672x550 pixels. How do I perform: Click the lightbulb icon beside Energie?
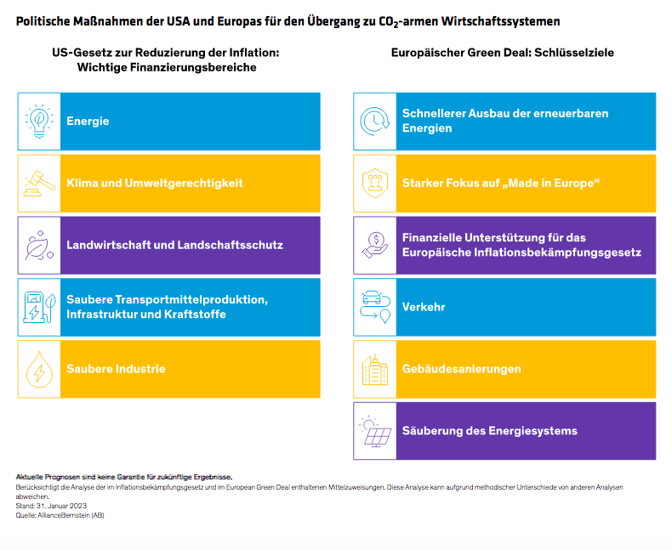[38, 121]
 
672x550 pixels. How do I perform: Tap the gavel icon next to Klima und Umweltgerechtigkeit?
[38, 183]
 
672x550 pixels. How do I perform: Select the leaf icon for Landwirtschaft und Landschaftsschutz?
[38, 245]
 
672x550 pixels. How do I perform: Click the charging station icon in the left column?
[38, 307]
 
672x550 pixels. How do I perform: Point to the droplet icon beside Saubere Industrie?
[38, 369]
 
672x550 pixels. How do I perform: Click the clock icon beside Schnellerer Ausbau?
[374, 121]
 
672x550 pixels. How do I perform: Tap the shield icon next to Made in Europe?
[374, 183]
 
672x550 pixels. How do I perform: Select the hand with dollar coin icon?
[374, 245]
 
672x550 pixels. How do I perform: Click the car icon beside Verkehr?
[374, 307]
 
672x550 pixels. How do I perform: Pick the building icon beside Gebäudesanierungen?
[374, 369]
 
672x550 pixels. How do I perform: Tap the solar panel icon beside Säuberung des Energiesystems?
[374, 431]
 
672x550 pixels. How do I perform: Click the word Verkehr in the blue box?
[424, 307]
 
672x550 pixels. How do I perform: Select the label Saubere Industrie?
[116, 369]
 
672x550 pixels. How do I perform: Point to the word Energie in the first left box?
[88, 121]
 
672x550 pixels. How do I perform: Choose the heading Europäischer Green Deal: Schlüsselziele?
[502, 53]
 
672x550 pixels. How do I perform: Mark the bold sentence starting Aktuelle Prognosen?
[123, 477]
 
